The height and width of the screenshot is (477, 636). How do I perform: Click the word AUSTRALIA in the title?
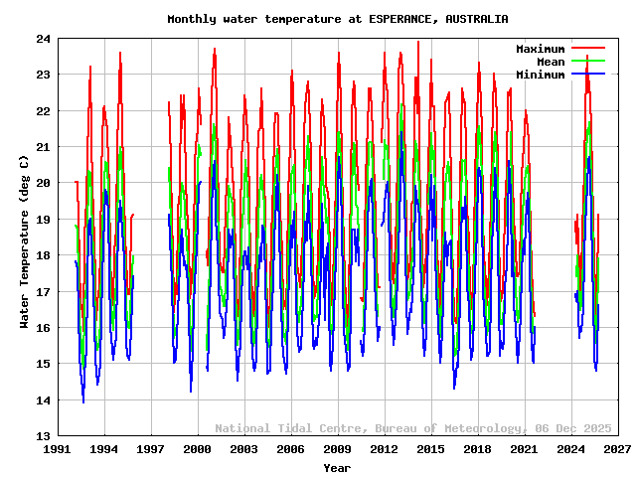tap(477, 19)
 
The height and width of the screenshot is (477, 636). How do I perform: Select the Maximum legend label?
tap(540, 49)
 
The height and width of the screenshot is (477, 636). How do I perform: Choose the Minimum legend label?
tap(540, 75)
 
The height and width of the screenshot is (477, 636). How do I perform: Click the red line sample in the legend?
tap(587, 49)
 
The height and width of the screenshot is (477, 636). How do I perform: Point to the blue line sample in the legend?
tap(587, 75)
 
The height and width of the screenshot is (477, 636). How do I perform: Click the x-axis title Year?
tap(337, 467)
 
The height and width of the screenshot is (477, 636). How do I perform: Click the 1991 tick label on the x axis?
tap(58, 449)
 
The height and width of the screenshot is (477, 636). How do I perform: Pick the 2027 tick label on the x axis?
tap(617, 449)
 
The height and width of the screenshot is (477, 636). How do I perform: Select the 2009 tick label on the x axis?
tap(337, 449)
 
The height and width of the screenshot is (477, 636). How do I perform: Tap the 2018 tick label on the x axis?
tap(477, 449)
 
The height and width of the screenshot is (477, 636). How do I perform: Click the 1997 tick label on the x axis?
tap(151, 449)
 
